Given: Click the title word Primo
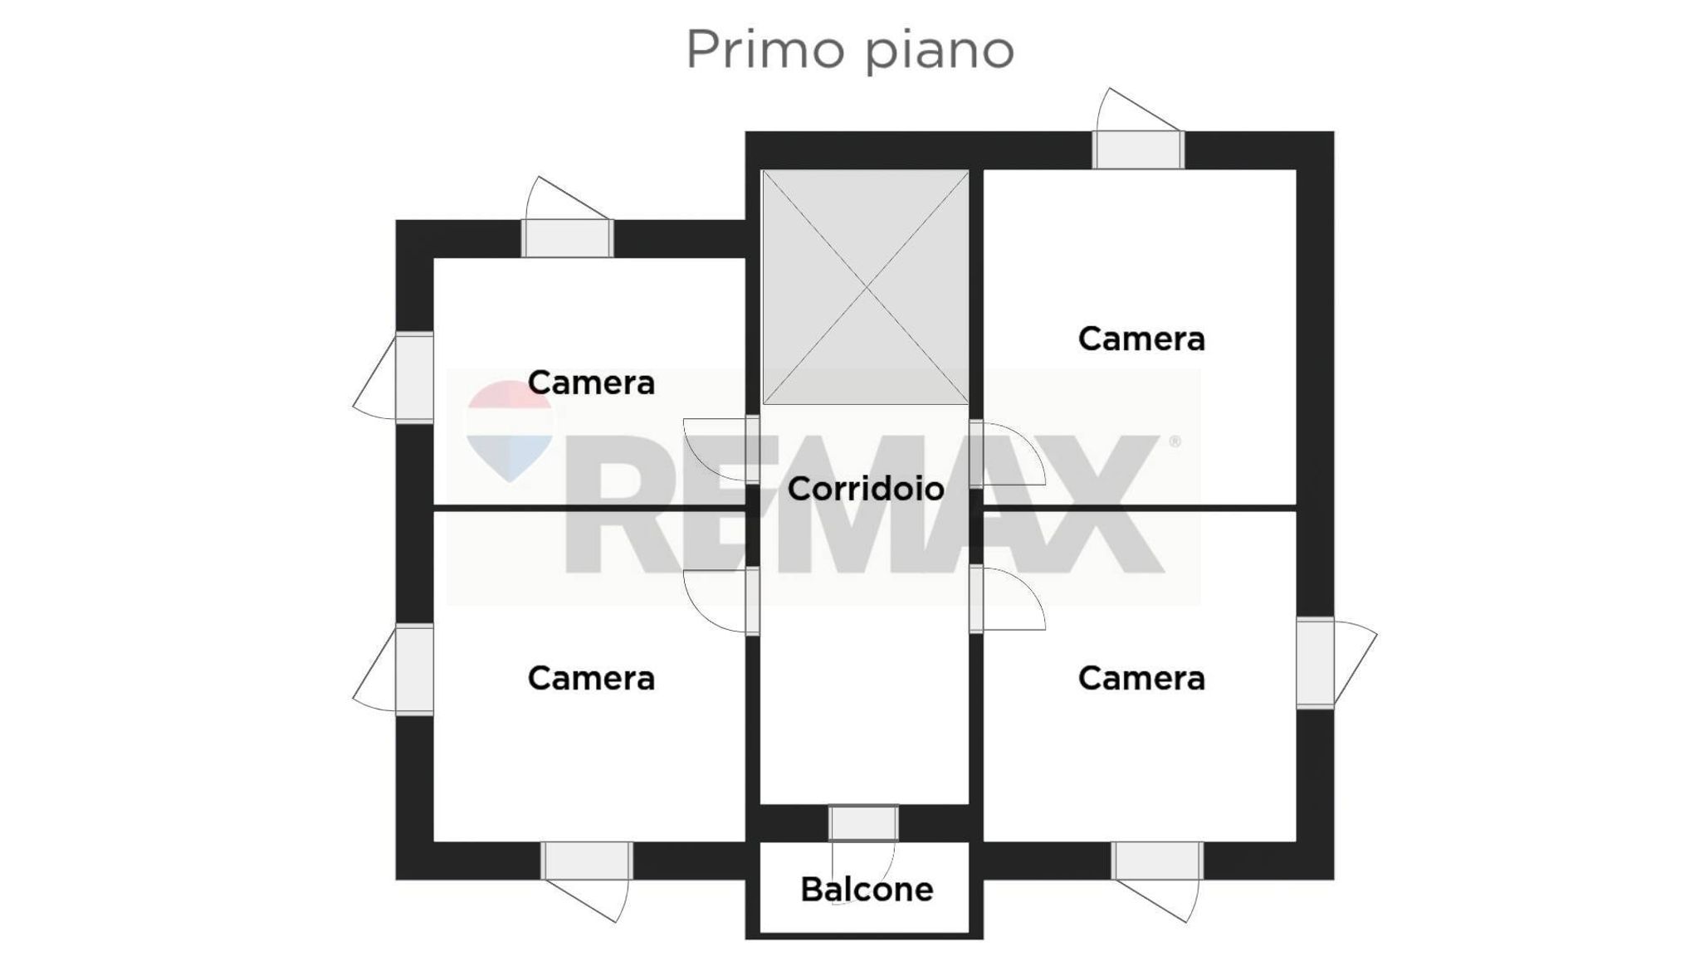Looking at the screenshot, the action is click(x=765, y=50).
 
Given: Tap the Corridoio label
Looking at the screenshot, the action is click(x=865, y=489).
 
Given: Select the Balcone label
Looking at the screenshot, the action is click(x=867, y=890).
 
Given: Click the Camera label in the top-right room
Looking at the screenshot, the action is click(x=1141, y=339).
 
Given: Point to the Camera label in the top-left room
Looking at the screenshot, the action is click(x=591, y=383).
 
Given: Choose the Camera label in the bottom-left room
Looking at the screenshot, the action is click(x=591, y=678).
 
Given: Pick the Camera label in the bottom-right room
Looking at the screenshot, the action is click(x=1141, y=678).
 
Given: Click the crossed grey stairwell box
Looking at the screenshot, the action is click(x=866, y=287).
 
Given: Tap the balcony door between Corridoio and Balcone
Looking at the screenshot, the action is click(x=863, y=823).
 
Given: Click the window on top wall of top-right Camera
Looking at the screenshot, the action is click(x=1138, y=149).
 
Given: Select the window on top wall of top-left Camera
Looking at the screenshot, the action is click(x=568, y=238).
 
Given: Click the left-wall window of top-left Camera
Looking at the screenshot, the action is click(x=414, y=378).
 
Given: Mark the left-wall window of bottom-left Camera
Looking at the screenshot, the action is click(x=414, y=670).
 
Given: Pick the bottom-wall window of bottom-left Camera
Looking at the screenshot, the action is click(x=587, y=861).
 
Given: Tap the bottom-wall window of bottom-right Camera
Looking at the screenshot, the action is click(x=1158, y=861).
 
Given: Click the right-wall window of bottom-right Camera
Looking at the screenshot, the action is click(x=1316, y=663).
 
